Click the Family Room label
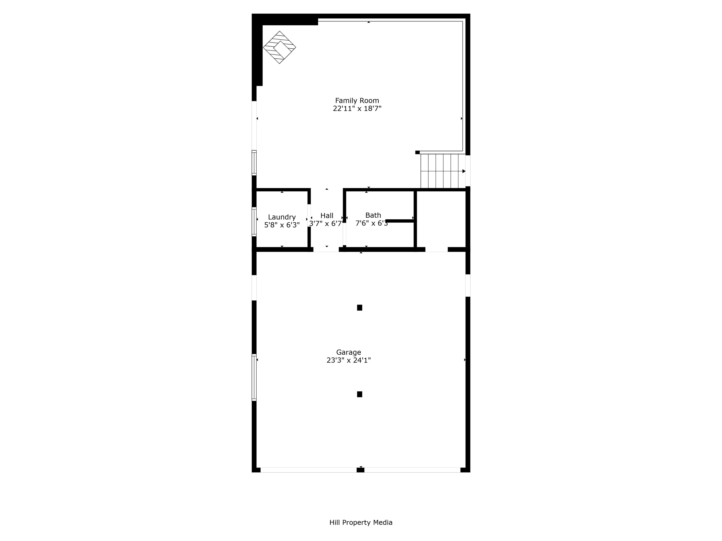(x=357, y=100)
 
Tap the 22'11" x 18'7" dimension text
(x=357, y=108)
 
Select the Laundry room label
(x=282, y=217)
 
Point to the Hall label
(x=327, y=216)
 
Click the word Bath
(x=373, y=215)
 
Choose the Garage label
(x=349, y=352)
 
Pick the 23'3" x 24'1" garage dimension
(x=349, y=360)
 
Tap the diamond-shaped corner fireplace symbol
(x=279, y=47)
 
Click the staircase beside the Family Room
(x=442, y=171)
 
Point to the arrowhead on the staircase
(x=464, y=171)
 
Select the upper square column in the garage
(x=359, y=308)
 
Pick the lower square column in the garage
(x=359, y=394)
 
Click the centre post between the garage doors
(x=360, y=470)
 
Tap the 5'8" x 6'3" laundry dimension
(x=282, y=225)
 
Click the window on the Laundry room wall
(x=254, y=221)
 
